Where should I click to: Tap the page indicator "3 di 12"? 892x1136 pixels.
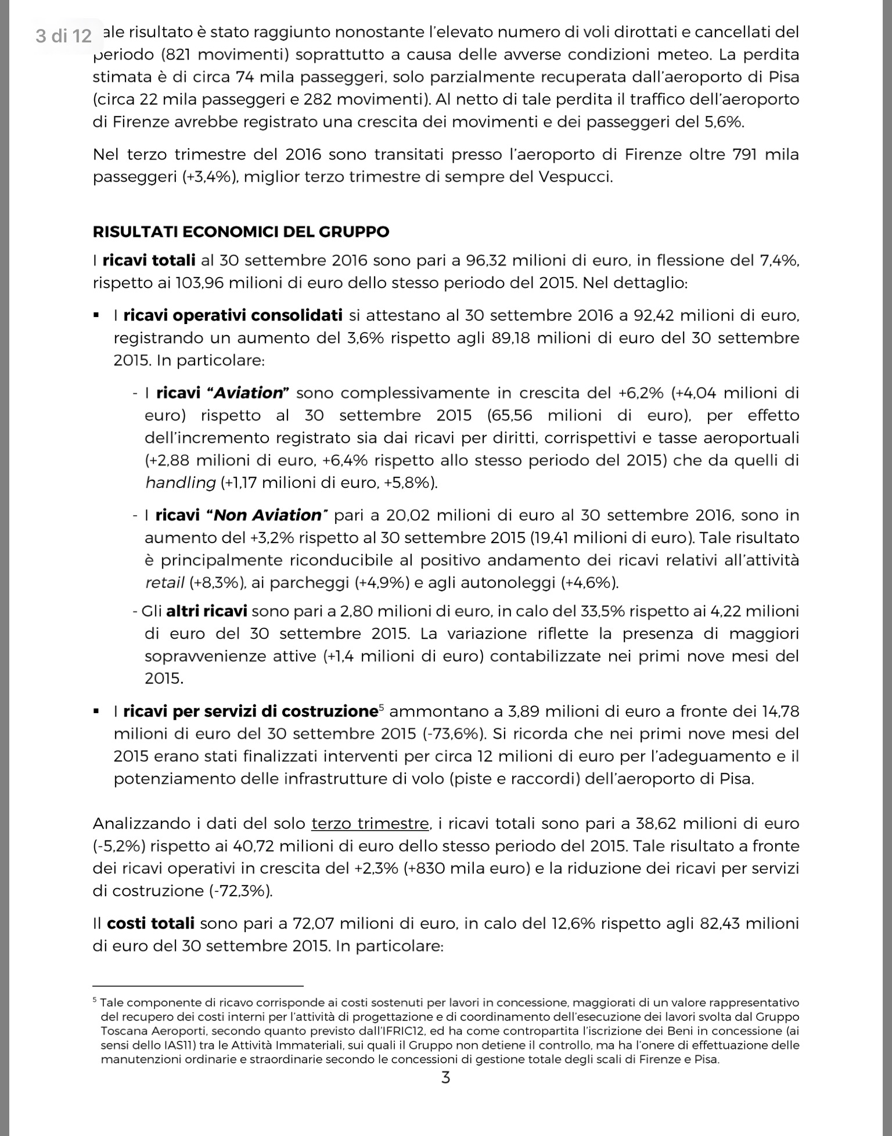pyautogui.click(x=64, y=36)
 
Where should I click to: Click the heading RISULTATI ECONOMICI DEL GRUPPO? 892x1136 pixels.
pyautogui.click(x=241, y=232)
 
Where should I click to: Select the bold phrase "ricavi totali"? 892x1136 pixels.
pyautogui.click(x=149, y=260)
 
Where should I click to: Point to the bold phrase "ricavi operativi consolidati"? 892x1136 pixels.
pyautogui.click(x=233, y=315)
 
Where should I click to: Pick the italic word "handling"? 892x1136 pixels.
pyautogui.click(x=180, y=483)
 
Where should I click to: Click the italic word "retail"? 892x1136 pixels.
pyautogui.click(x=164, y=583)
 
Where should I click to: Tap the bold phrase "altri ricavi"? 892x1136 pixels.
pyautogui.click(x=207, y=611)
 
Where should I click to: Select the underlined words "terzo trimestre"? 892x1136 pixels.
pyautogui.click(x=370, y=824)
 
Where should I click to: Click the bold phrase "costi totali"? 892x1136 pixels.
pyautogui.click(x=151, y=923)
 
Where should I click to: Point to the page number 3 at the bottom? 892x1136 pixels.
pyautogui.click(x=445, y=1078)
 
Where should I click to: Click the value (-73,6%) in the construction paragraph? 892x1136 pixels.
pyautogui.click(x=454, y=734)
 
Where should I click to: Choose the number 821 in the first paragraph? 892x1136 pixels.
pyautogui.click(x=181, y=55)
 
